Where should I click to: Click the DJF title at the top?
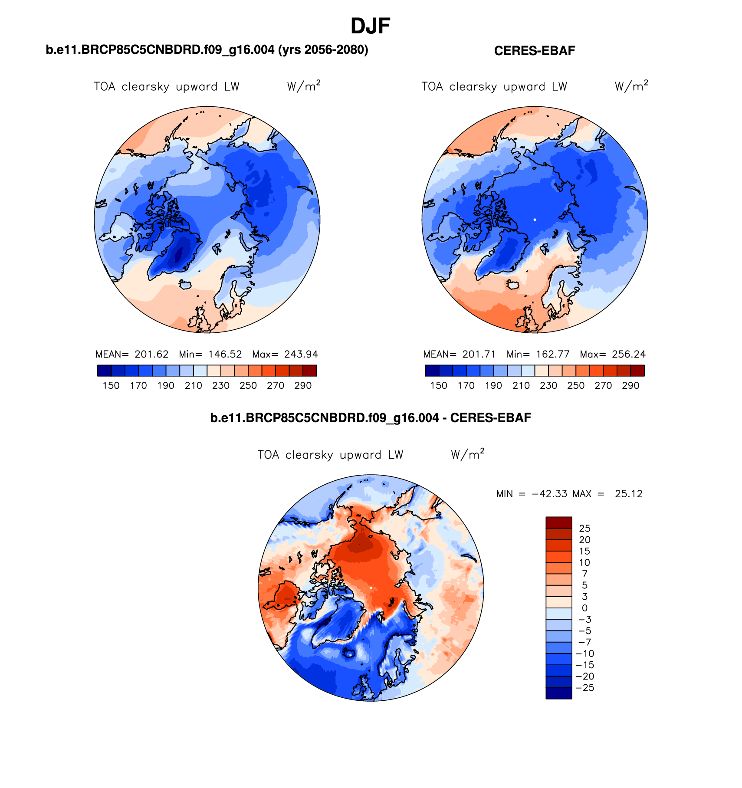tap(370, 26)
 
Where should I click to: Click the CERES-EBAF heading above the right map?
tap(534, 51)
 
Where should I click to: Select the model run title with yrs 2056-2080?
tap(207, 50)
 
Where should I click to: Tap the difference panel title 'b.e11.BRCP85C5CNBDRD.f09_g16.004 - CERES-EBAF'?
tap(370, 418)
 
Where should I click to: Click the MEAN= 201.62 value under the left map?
tap(132, 354)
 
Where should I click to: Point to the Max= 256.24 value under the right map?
tap(613, 354)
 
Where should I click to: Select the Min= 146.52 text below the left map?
tap(210, 354)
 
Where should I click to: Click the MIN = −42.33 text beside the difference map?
tap(532, 494)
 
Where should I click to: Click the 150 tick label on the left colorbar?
tap(111, 386)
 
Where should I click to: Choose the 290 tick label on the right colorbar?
tap(630, 386)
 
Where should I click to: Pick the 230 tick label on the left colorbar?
tap(221, 386)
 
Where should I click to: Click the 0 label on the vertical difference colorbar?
tap(584, 608)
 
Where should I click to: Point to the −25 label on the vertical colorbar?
tap(585, 688)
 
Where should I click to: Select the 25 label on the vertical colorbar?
tap(585, 529)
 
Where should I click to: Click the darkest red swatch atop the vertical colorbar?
tap(558, 522)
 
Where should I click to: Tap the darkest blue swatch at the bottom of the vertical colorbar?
tap(558, 693)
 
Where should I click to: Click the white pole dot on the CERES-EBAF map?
tap(535, 220)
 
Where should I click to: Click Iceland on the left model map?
tap(186, 285)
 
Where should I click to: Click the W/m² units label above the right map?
tap(631, 86)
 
